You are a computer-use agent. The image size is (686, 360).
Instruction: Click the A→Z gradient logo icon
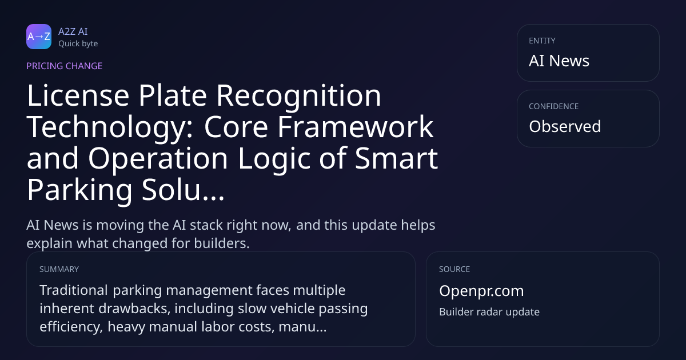[x=39, y=37]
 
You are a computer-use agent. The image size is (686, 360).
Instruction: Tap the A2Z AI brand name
[x=73, y=31]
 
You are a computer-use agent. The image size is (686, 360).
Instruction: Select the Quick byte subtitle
[x=78, y=44]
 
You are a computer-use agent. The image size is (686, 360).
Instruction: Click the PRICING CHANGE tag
[x=64, y=66]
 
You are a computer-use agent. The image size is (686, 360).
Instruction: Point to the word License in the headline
[x=78, y=95]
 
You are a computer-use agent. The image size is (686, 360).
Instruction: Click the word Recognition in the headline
[x=299, y=97]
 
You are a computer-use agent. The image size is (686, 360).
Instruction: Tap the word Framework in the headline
[x=355, y=127]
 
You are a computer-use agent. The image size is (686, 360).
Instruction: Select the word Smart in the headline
[x=397, y=158]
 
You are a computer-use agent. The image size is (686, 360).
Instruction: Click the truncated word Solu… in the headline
[x=183, y=190]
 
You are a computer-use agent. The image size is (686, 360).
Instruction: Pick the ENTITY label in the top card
[x=542, y=41]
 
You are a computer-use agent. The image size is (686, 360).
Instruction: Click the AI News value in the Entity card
[x=559, y=61]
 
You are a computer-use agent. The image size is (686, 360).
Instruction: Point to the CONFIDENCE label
[x=554, y=106]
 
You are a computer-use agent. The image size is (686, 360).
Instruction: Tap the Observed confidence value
[x=565, y=126]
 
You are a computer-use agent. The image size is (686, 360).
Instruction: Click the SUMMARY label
[x=59, y=269]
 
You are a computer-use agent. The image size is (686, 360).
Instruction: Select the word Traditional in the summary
[x=74, y=290]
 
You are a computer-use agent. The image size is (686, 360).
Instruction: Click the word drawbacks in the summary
[x=134, y=308]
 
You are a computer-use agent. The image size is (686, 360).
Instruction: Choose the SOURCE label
[x=454, y=269]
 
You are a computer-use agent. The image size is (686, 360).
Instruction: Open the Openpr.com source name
[x=481, y=291]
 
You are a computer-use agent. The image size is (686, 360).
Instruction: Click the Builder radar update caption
[x=489, y=312]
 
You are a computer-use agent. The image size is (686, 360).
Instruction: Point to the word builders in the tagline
[x=222, y=243]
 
